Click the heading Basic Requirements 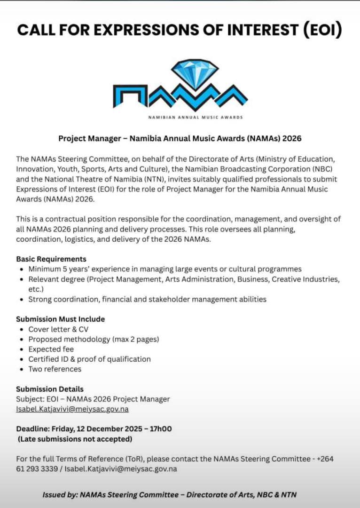51,259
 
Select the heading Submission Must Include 61,319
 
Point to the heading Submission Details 50,389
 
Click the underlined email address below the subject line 72,409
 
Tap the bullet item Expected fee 51,349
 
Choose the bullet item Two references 55,369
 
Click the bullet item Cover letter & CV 58,329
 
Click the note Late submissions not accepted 75,439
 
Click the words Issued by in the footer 60,495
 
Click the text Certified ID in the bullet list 48,359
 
